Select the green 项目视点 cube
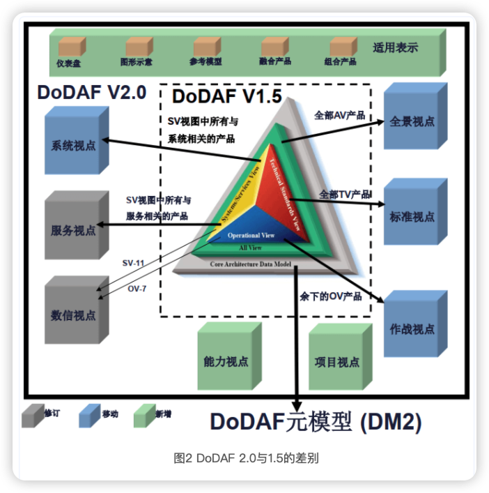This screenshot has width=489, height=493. [x=337, y=361]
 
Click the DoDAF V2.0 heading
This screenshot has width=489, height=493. [x=92, y=91]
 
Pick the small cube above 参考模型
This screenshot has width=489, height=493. [x=205, y=46]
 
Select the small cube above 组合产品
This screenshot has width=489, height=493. [x=340, y=46]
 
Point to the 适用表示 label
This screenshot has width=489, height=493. [x=395, y=48]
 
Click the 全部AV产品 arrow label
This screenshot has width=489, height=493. [x=340, y=115]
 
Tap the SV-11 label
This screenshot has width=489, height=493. [x=134, y=263]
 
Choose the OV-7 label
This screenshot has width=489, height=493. [x=137, y=288]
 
